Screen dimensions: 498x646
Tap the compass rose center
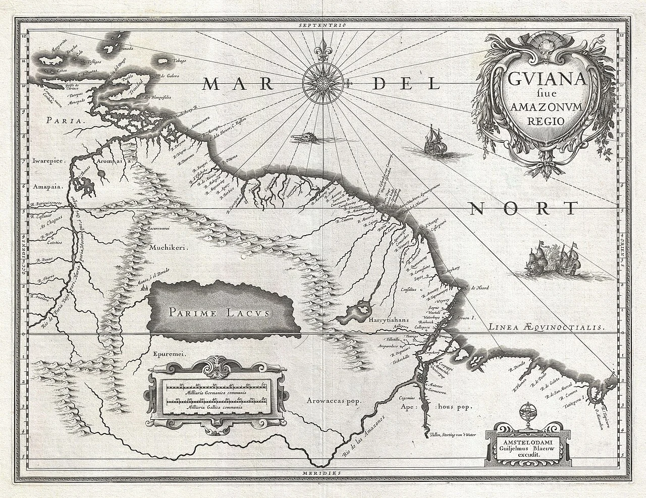tap(324, 81)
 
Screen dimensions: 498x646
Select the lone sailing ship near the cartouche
tap(433, 142)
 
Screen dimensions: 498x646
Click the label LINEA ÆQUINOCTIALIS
tap(546, 327)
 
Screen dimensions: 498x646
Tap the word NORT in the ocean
tap(522, 208)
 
